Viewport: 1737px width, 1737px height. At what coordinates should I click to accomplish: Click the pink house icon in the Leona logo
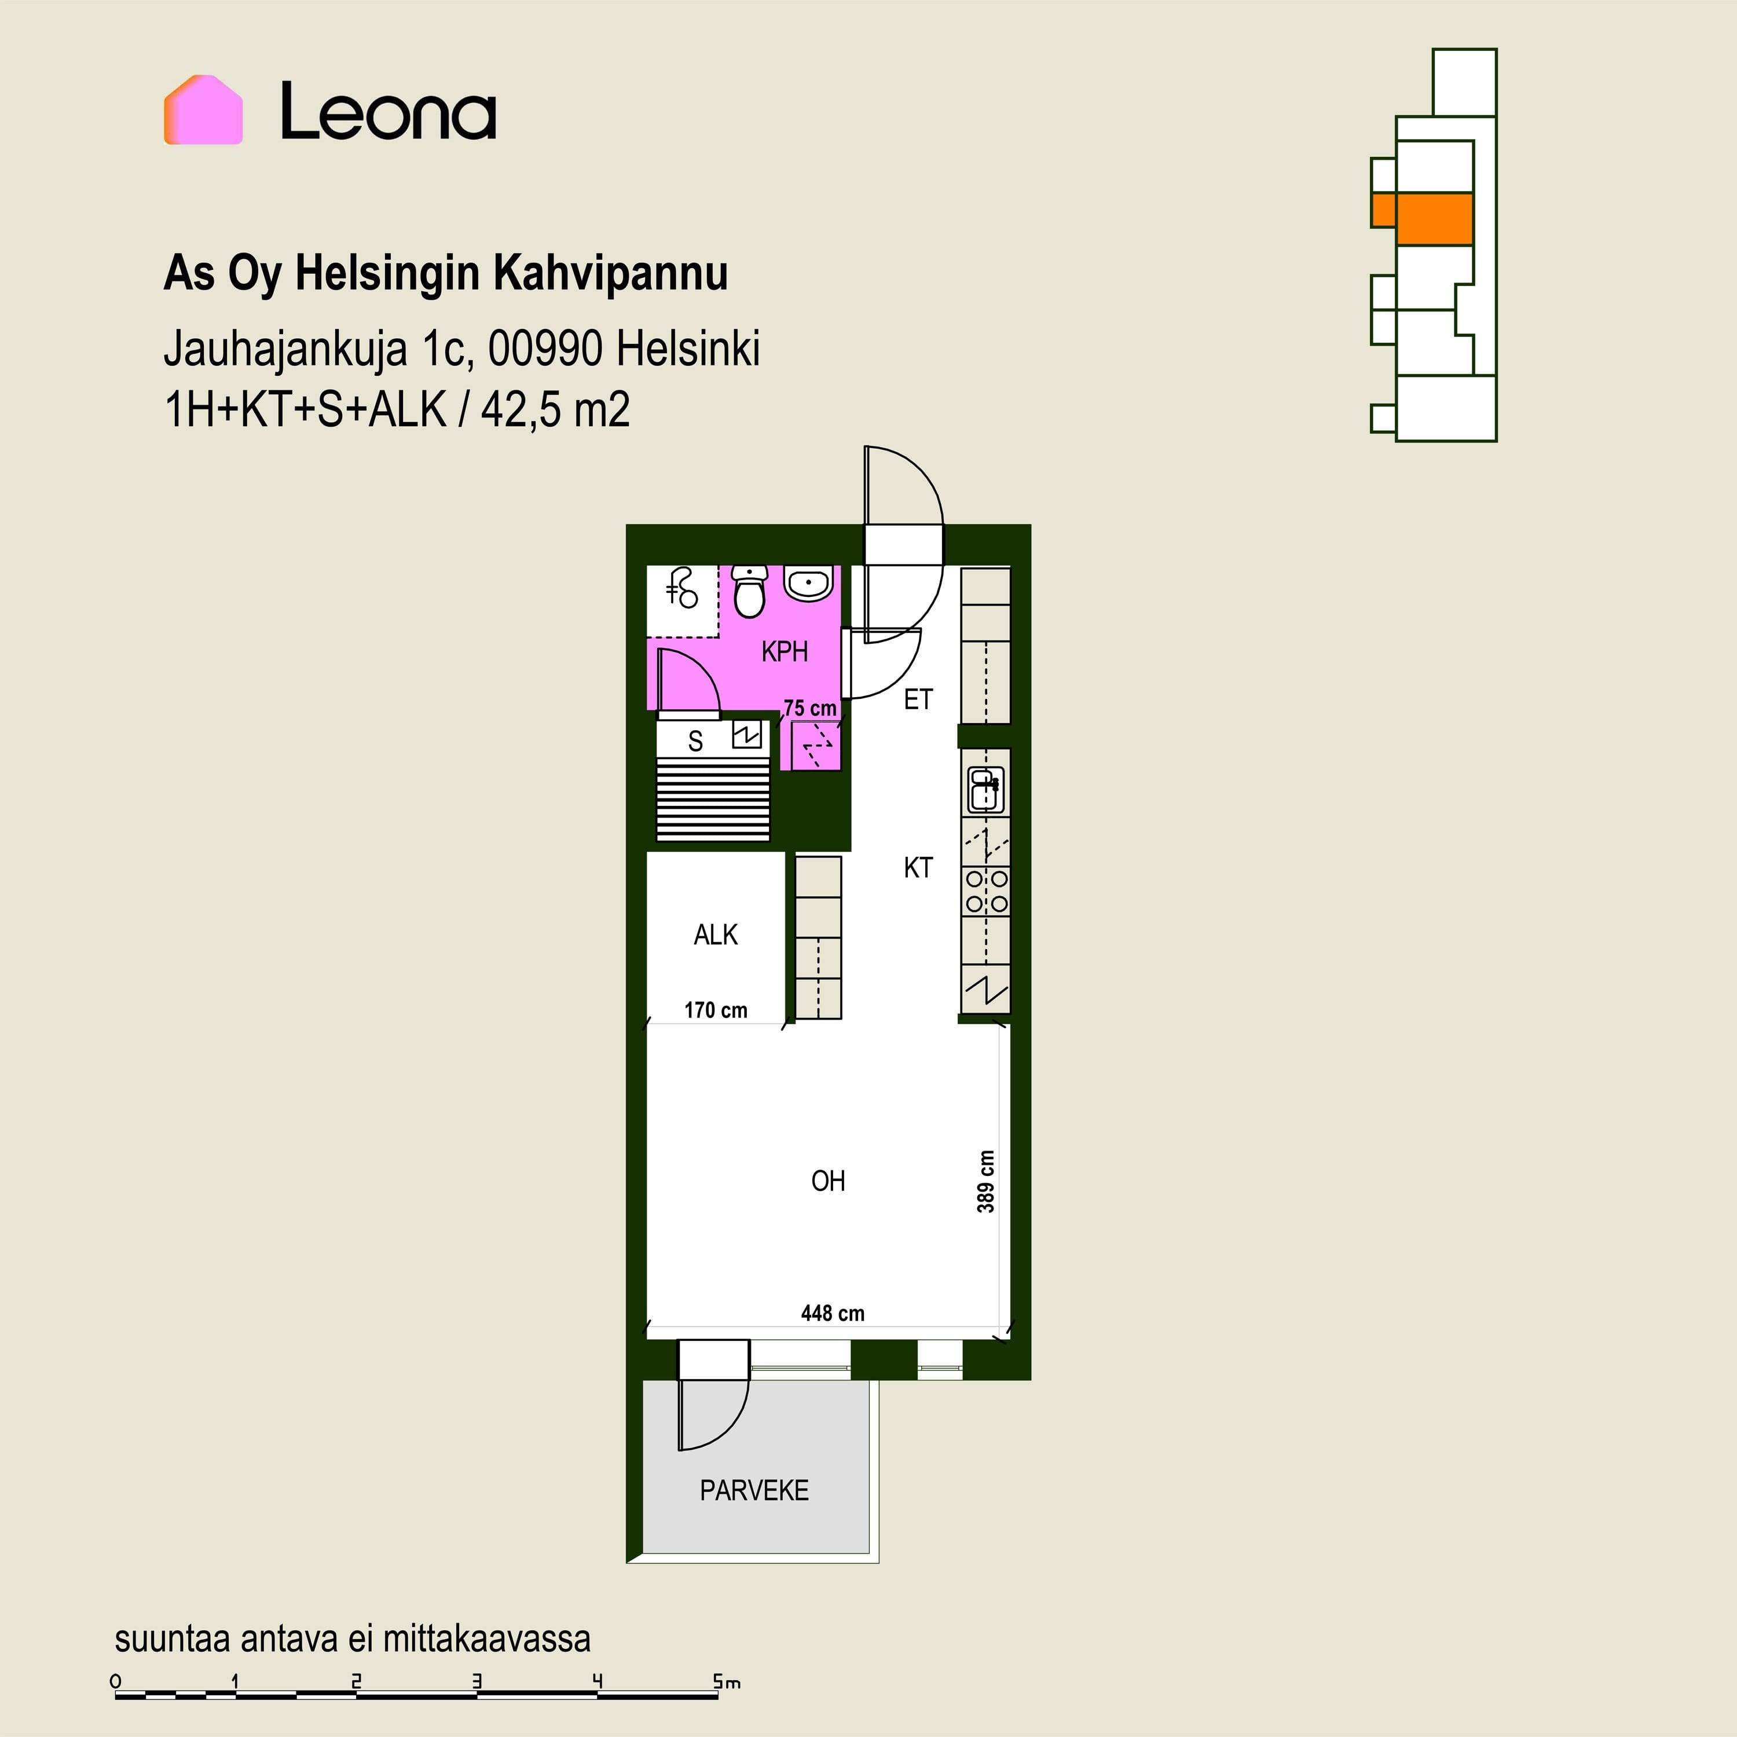[203, 109]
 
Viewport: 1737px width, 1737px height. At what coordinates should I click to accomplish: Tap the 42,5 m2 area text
[555, 410]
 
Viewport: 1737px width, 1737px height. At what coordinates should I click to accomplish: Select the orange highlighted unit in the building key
[1421, 218]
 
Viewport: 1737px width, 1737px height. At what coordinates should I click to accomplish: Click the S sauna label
[695, 741]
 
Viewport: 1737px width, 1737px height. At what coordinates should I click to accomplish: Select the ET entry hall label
[918, 699]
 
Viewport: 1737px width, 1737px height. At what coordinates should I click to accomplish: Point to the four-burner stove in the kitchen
[986, 891]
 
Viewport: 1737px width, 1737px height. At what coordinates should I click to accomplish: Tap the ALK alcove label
[716, 935]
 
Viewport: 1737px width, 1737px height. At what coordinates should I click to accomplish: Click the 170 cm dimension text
[716, 1010]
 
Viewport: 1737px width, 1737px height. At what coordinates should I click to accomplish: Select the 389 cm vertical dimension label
[986, 1181]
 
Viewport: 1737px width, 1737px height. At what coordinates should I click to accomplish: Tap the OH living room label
[828, 1181]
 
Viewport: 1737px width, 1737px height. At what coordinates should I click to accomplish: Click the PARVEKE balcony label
[754, 1491]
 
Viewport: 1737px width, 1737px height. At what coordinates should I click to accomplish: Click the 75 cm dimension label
[810, 709]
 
